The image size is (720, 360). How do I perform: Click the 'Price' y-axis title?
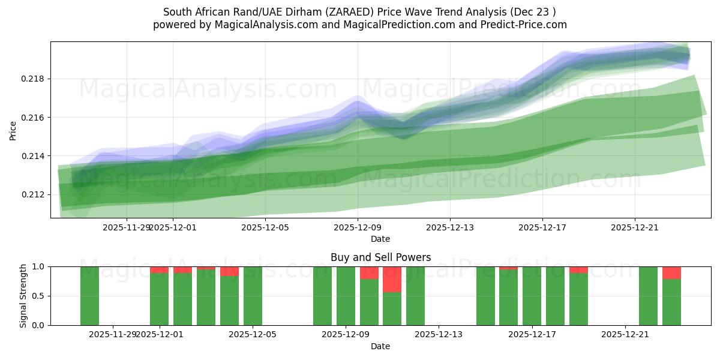point(13,130)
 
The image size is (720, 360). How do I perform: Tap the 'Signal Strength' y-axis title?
point(24,296)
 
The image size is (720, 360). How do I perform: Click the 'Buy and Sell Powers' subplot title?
point(380,257)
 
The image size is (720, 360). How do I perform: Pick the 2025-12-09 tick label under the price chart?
point(358,227)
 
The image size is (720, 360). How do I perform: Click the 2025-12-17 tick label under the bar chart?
point(532,334)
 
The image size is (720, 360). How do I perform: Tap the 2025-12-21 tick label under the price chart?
point(635,227)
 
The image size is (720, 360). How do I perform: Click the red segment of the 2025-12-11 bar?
point(392,279)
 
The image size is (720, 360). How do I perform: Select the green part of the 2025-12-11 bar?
point(392,308)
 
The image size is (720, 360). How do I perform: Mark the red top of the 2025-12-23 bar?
point(671,272)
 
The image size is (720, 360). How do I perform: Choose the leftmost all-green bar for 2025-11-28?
point(89,296)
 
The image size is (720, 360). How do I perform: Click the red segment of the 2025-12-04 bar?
point(229,271)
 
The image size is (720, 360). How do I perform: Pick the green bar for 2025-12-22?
point(648,296)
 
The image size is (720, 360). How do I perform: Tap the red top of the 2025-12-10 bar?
point(369,272)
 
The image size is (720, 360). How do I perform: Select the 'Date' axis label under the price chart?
point(380,239)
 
